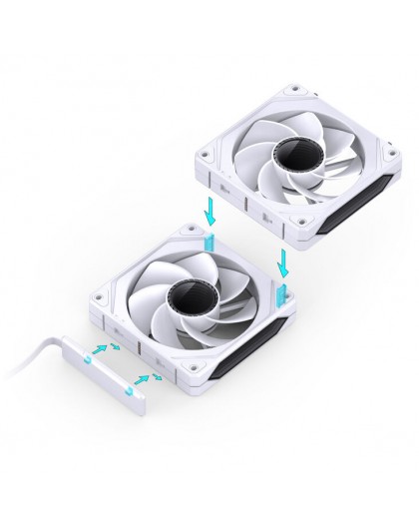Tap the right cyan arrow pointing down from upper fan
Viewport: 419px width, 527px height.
click(x=286, y=263)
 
